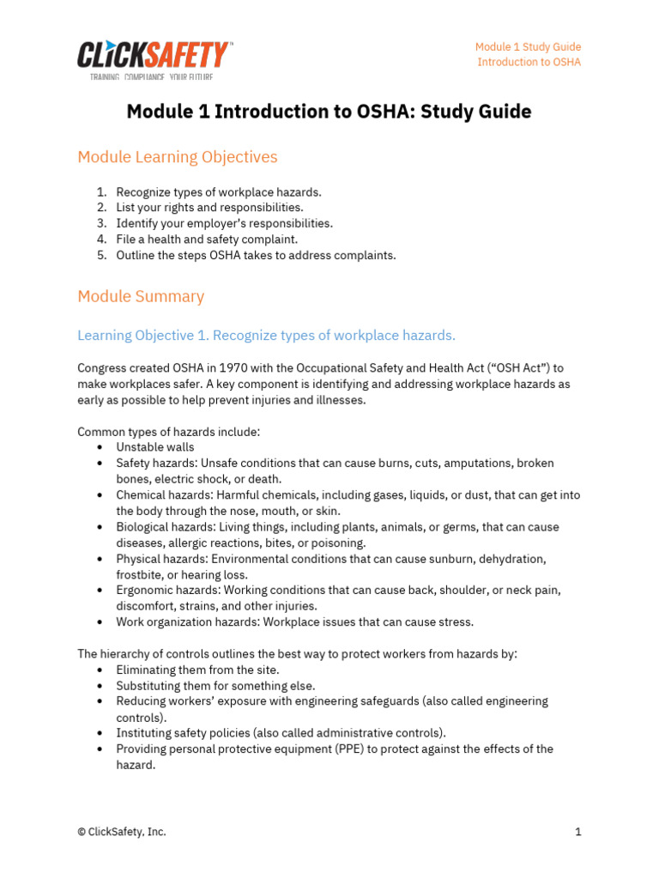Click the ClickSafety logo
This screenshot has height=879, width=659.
pos(154,58)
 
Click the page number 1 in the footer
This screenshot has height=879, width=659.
pos(578,832)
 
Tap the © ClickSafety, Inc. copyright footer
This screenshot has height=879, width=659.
pos(122,832)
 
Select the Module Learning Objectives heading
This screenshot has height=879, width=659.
pos(178,157)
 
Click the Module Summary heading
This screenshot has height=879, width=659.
pos(141,296)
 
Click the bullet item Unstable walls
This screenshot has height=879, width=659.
pos(155,447)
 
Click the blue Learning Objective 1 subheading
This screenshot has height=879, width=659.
pos(266,335)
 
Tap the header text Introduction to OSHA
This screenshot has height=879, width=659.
pos(529,63)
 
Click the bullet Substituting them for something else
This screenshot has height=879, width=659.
pos(215,686)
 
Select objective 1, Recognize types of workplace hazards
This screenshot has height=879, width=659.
pos(219,192)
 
